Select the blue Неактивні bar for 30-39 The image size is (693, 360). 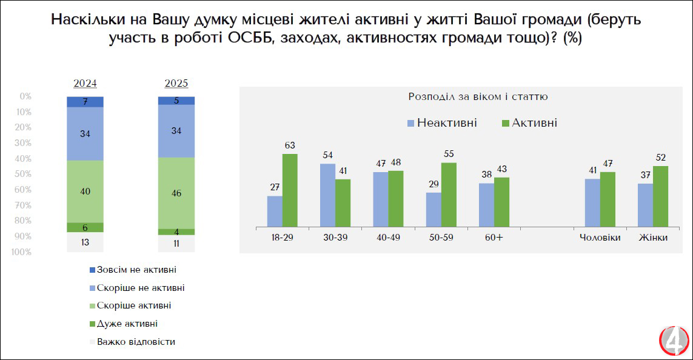[328, 195]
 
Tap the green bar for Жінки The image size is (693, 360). [660, 196]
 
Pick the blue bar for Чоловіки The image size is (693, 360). [592, 202]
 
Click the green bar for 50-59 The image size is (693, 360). [449, 195]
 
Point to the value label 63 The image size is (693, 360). [290, 145]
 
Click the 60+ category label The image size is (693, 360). [494, 238]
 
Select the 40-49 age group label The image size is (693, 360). [388, 238]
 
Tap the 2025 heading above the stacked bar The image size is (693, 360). [176, 84]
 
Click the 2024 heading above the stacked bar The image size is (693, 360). [85, 84]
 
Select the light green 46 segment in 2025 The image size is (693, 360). [176, 193]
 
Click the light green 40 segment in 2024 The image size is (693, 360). [85, 192]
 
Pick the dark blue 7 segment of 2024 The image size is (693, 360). [85, 101]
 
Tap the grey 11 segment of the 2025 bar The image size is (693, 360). [176, 243]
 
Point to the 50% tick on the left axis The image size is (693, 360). [25, 174]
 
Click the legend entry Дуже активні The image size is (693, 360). [126, 324]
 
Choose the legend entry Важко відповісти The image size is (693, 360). [135, 342]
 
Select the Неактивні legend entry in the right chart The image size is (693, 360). [442, 123]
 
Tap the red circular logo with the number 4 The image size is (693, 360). [674, 342]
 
